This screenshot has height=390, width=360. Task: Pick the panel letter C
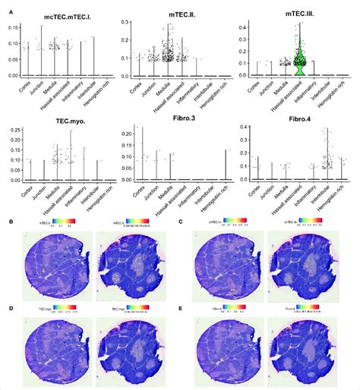tap(187, 222)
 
